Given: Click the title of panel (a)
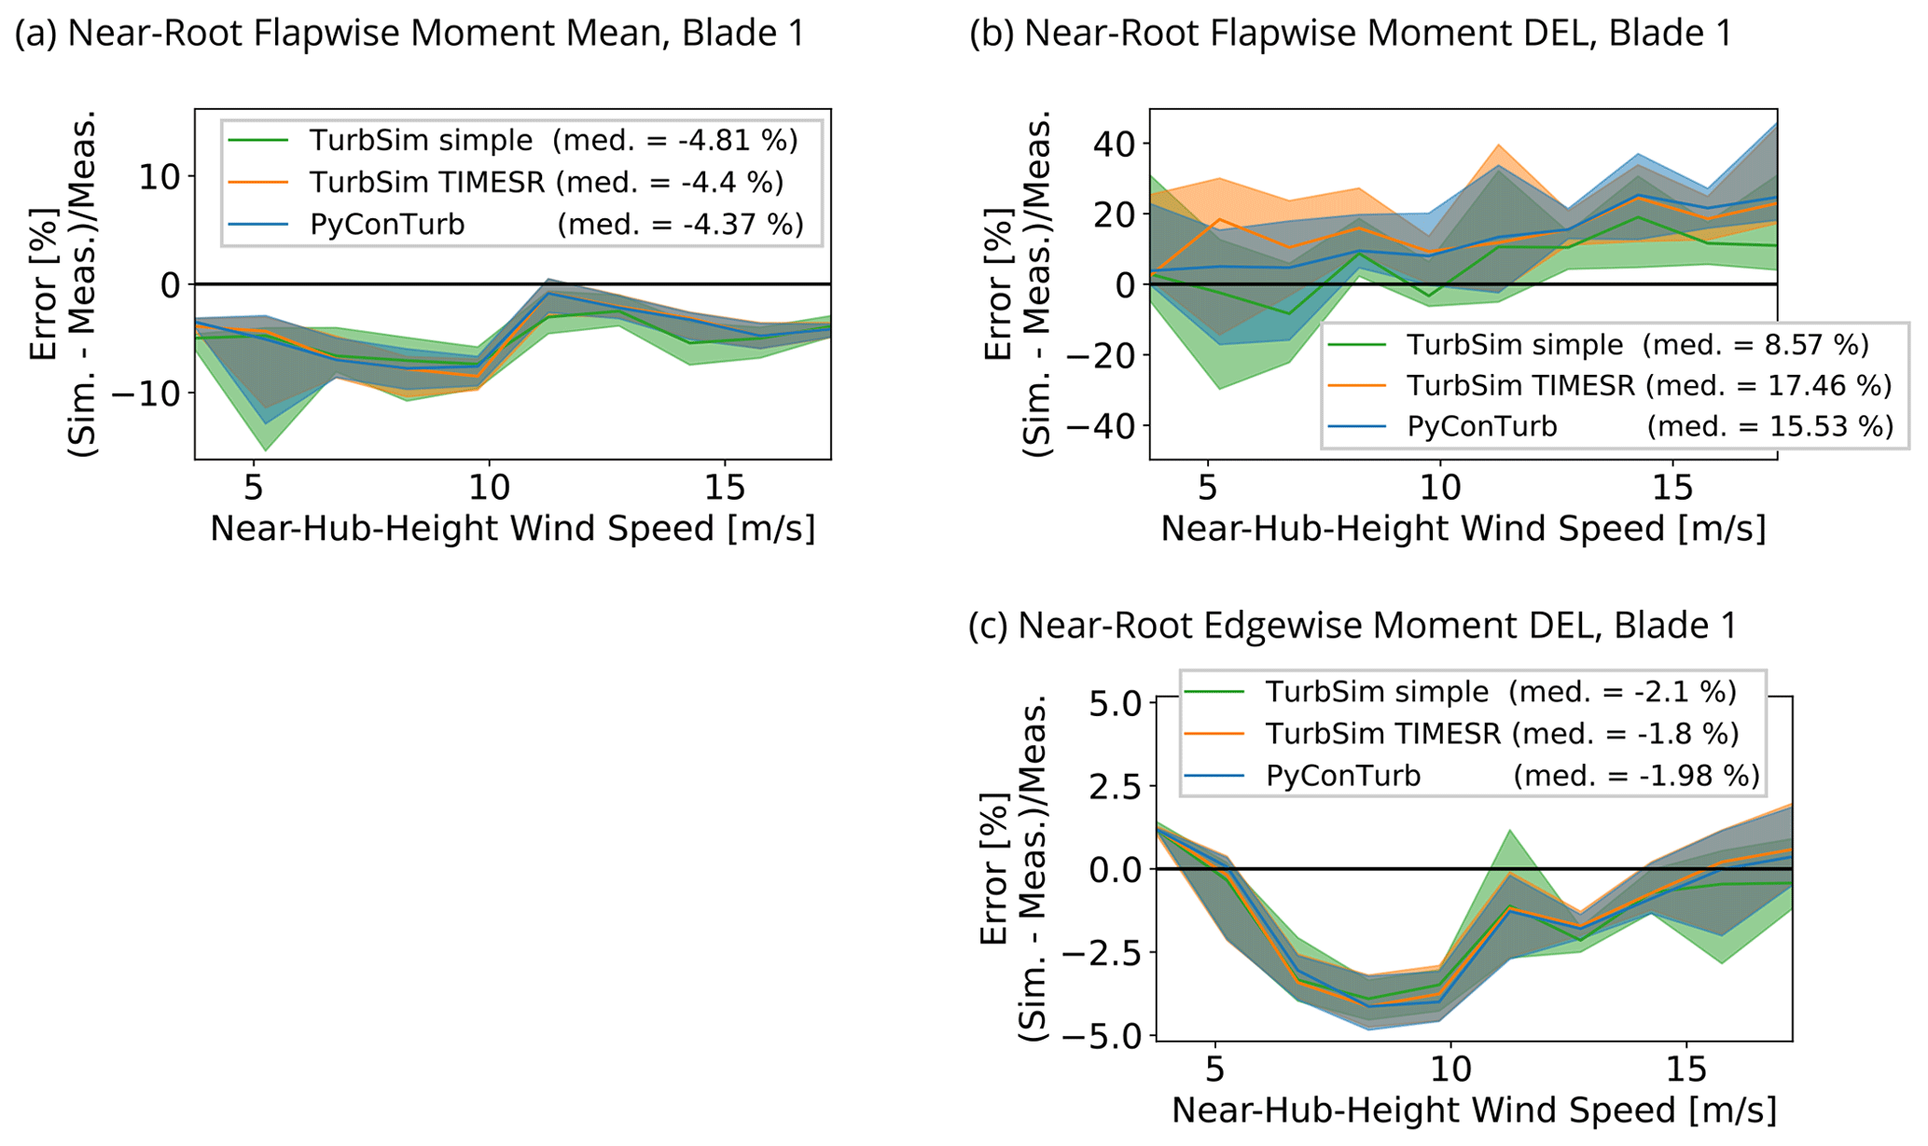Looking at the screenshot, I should (x=409, y=34).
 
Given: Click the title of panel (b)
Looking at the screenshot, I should (x=1351, y=34).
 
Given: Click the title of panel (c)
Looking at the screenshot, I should (x=1352, y=625).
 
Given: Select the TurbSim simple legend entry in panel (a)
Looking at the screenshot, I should (x=422, y=141).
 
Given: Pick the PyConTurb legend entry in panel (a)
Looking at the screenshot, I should (x=387, y=225).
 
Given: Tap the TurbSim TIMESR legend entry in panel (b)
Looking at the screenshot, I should (x=1520, y=385).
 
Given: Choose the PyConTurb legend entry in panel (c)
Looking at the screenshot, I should (x=1343, y=776).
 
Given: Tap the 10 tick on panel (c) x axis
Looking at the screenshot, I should (x=1449, y=1070).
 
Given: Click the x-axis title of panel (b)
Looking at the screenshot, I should (x=1463, y=529).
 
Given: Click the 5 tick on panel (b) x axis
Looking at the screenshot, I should (x=1208, y=487).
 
